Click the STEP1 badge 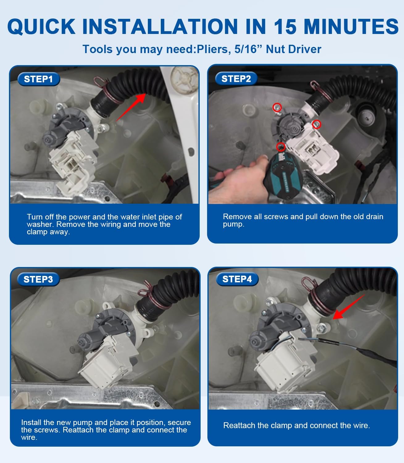click(x=39, y=79)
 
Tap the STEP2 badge click(x=236, y=79)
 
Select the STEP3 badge click(x=39, y=279)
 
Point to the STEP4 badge click(x=237, y=279)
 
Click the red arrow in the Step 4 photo click(x=348, y=307)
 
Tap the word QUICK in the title click(x=41, y=27)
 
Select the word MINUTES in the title click(x=351, y=27)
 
